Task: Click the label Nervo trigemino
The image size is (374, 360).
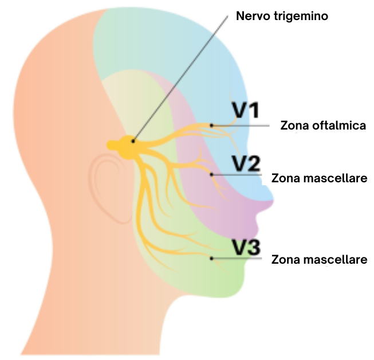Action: click(282, 16)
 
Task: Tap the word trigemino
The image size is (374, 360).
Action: click(300, 16)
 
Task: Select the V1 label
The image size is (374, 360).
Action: click(246, 110)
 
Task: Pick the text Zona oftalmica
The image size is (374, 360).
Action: click(323, 126)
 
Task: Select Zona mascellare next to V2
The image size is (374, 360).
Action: click(319, 179)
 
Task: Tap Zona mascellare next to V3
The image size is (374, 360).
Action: click(319, 260)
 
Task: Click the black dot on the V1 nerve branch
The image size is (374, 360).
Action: click(212, 125)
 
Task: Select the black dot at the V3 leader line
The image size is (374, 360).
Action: click(212, 259)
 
